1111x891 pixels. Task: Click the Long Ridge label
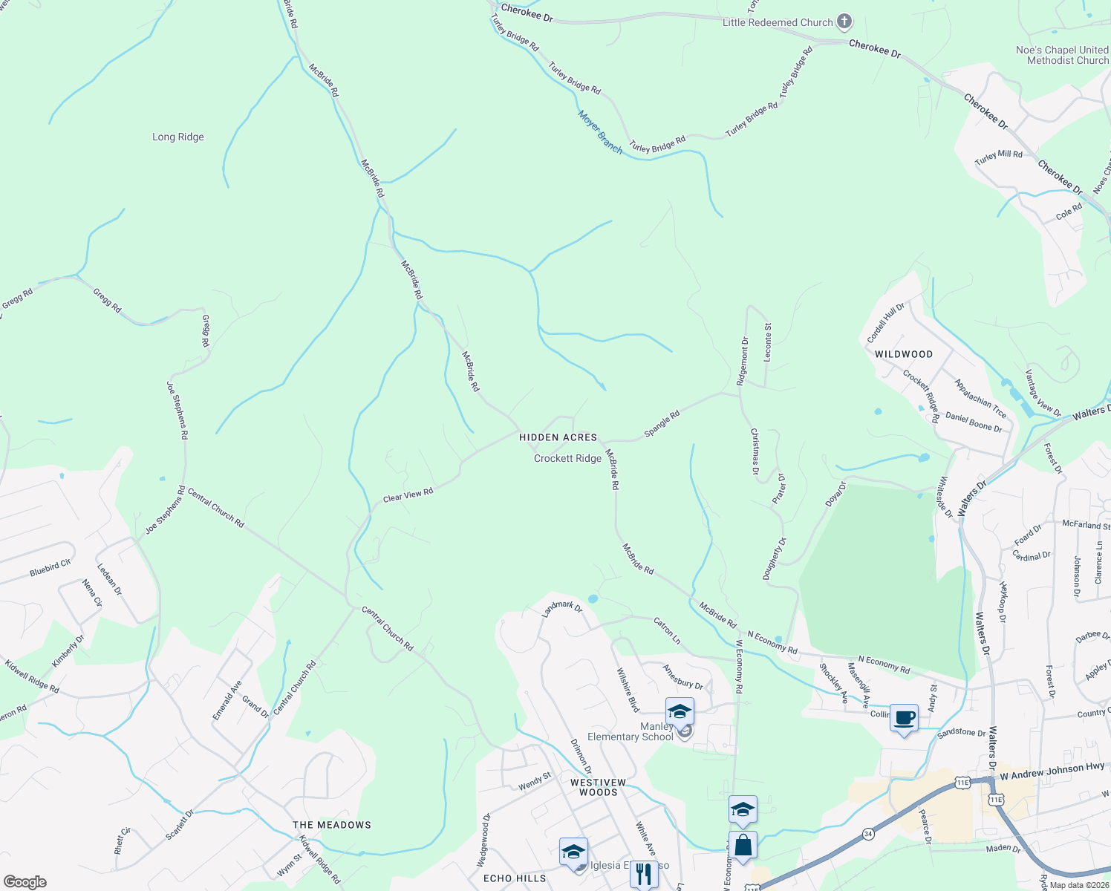coord(177,137)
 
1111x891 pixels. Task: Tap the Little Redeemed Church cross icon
coord(844,22)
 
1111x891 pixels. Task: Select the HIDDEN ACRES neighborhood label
coord(558,438)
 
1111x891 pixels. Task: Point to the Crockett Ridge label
coord(567,459)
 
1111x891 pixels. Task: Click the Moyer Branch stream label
coord(600,132)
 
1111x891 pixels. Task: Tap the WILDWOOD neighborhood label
coord(903,354)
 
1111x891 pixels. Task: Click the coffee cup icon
coord(905,718)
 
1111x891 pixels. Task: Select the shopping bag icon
coord(743,845)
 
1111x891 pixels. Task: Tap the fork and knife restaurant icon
coord(643,874)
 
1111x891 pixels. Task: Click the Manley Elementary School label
coord(630,732)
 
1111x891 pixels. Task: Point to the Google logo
coord(25,882)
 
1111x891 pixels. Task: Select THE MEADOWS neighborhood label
coord(331,825)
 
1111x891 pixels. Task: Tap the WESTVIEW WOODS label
coord(598,787)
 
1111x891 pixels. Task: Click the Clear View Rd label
coord(408,495)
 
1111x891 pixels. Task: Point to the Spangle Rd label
coord(662,424)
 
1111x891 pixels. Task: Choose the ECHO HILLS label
coord(515,878)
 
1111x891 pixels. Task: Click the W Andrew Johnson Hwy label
coord(1052,771)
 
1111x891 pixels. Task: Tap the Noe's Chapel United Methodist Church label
coord(1062,55)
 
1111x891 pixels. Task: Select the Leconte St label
coord(767,342)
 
